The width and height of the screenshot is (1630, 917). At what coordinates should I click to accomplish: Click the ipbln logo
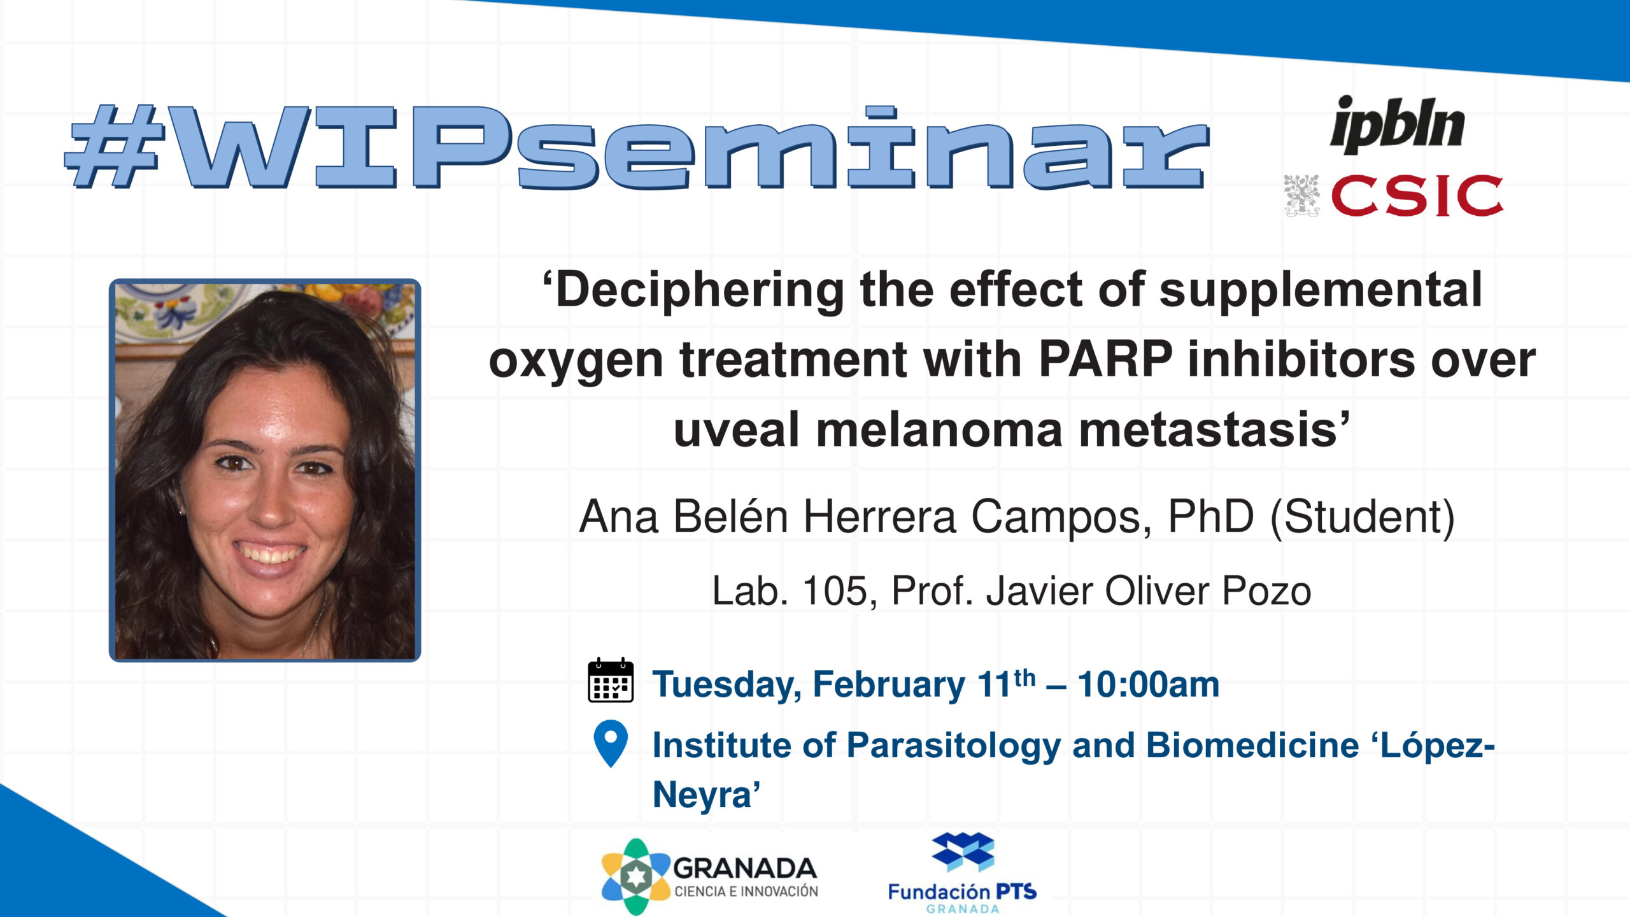1398,125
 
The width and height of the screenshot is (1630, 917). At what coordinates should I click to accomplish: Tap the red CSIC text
1417,195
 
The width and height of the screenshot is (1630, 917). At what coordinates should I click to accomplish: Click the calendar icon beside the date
611,680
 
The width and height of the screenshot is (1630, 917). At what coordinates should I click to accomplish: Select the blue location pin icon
611,743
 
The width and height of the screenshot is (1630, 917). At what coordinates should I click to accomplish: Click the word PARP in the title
1106,359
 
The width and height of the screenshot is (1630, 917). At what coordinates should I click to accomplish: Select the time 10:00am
1148,685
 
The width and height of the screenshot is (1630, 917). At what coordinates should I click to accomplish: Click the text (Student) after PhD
1363,516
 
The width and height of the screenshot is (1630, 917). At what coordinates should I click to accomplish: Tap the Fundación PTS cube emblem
963,852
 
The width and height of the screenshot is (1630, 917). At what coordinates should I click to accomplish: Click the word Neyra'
707,795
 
